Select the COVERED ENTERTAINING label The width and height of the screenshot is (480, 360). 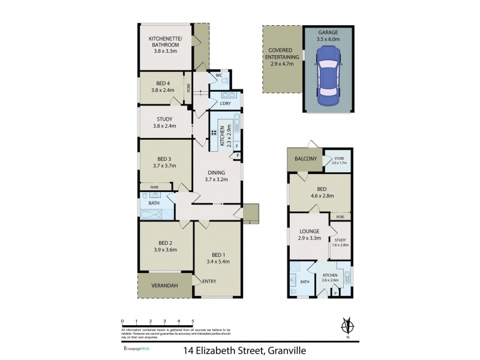pos(281,55)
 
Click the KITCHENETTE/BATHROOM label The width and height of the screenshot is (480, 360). pos(166,44)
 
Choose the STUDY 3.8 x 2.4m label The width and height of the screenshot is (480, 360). pos(164,122)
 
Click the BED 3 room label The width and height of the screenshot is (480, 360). pos(164,162)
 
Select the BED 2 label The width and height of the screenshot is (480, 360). pos(165,245)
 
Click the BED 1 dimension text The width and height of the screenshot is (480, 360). pos(217,262)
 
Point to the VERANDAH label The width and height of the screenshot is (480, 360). pos(164,285)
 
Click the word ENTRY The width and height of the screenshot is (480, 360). pos(209,281)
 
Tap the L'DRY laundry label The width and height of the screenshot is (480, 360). pos(225,103)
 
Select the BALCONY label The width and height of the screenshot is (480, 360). pos(305,158)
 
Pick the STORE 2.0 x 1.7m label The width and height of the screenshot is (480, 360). pos(340,161)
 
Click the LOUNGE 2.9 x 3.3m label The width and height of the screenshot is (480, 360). pos(310,235)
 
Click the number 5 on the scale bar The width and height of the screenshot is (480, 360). pos(192,321)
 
